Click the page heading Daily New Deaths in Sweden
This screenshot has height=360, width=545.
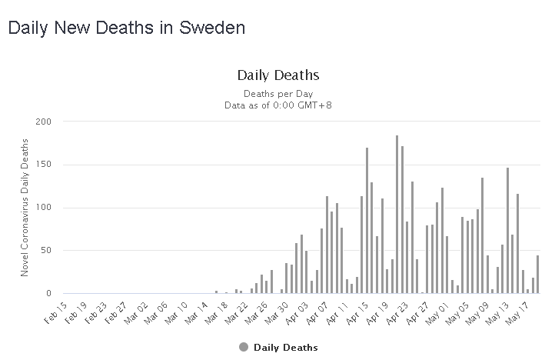(126, 28)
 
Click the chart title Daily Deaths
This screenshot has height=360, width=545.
(277, 75)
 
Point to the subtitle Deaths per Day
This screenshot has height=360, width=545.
(277, 93)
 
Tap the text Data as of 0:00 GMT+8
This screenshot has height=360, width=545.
(277, 105)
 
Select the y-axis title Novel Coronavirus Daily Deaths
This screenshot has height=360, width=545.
(25, 208)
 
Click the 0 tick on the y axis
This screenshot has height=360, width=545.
(48, 294)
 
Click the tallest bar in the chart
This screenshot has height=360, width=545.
(397, 215)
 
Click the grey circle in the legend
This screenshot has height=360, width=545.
(244, 347)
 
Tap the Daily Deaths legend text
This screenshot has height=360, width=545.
(285, 347)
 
